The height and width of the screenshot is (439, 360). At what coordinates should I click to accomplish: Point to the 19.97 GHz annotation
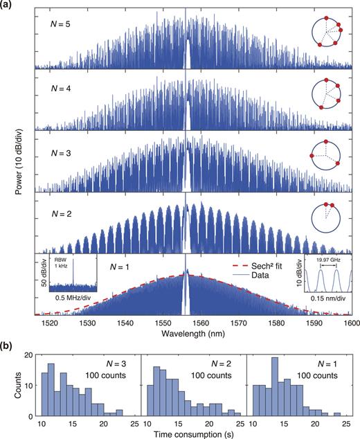(x=327, y=262)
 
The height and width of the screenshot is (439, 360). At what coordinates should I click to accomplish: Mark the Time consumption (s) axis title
(x=190, y=433)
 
